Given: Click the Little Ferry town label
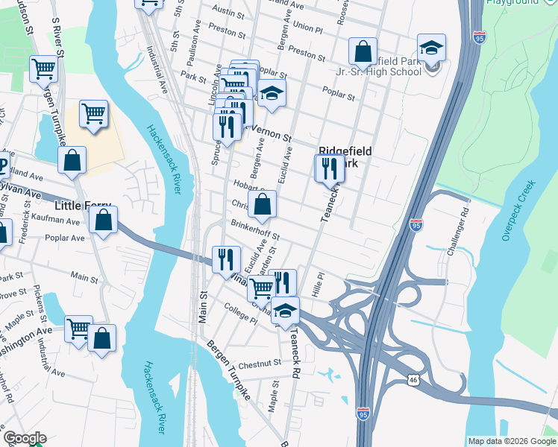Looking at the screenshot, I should [84, 205].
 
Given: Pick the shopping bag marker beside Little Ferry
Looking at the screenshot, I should [103, 220].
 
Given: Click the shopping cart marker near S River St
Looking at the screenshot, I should [43, 69].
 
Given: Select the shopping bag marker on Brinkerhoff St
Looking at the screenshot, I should [263, 204].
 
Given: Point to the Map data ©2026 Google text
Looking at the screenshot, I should [511, 440].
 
